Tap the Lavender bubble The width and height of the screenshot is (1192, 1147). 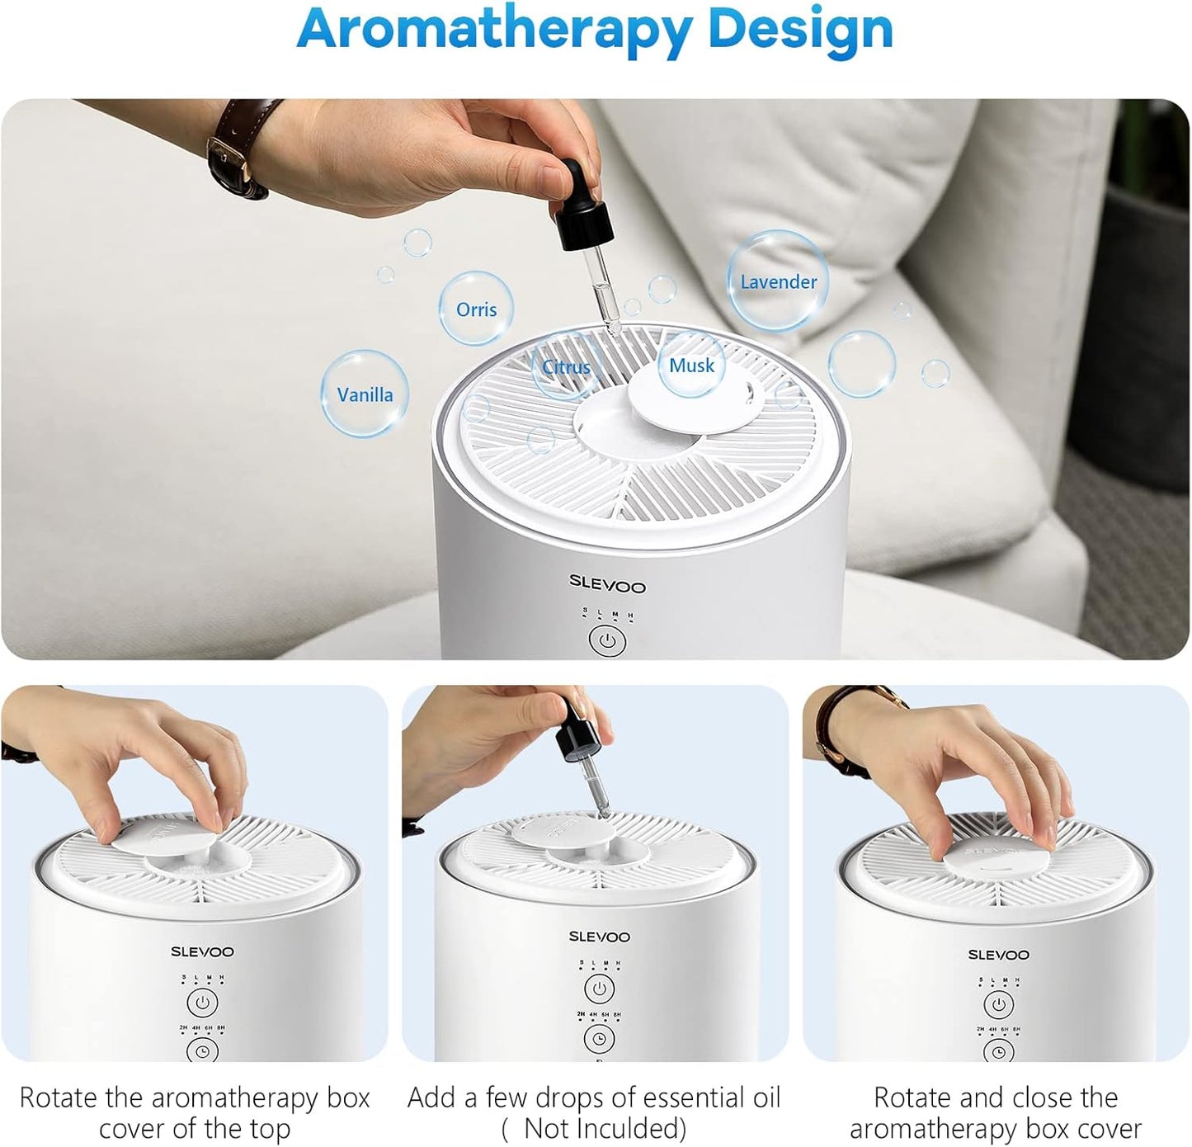[777, 281]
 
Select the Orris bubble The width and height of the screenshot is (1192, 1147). [476, 309]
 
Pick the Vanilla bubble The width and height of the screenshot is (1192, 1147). [365, 394]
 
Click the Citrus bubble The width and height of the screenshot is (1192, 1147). [566, 367]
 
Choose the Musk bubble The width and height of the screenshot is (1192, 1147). [691, 366]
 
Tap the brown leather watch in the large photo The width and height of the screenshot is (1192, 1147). [239, 149]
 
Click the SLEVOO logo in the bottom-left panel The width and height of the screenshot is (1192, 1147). [202, 951]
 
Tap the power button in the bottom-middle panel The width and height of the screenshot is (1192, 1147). [599, 988]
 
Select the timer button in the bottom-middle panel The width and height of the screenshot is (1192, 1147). [599, 1039]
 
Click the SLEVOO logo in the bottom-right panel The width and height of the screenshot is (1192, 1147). [998, 955]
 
